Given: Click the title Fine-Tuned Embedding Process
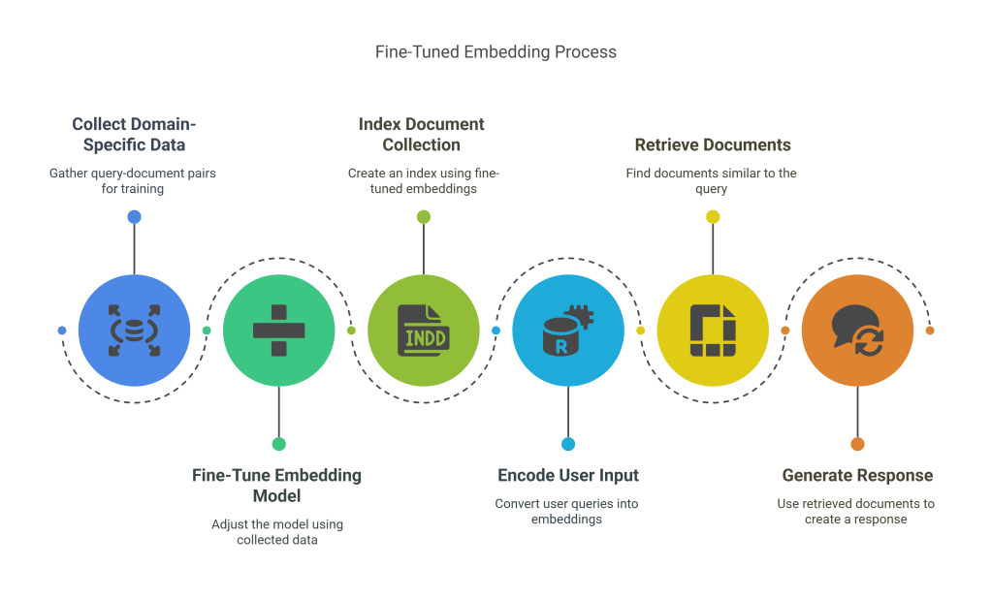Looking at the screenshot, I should pos(496,51).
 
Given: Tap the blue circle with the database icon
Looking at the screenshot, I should pos(134,330).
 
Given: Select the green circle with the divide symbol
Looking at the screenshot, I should pos(278,330).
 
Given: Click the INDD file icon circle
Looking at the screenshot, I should pos(423,330).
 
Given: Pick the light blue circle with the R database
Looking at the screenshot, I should pos(567,330).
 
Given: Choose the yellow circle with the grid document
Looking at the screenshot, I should pos(713,330).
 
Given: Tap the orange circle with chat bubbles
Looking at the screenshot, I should pos(857,330).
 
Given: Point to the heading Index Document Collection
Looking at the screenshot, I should pos(422,135).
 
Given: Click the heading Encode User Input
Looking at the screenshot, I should pos(568,476).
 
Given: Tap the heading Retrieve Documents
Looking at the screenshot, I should pos(713,145).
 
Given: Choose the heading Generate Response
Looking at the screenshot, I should pos(857,476).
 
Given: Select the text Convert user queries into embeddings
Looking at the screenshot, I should pos(567,512).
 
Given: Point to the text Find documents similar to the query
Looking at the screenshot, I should pos(713,181).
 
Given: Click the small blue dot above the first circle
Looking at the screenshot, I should pos(134,216).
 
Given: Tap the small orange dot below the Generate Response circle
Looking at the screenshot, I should pos(857,444).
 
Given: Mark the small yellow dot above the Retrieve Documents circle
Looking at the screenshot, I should pos(713,216).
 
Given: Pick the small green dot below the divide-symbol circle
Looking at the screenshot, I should pos(278,444).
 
